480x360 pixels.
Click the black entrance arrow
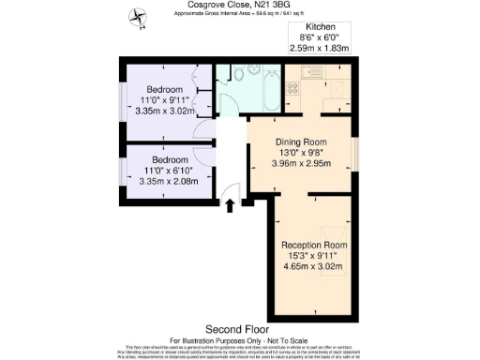[228, 206]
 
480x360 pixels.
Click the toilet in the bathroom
[240, 72]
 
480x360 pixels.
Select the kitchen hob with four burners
[292, 90]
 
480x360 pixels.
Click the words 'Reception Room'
[315, 245]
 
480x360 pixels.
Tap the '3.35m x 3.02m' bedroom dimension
[158, 110]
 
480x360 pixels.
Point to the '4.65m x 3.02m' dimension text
[315, 265]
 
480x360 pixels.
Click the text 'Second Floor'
[240, 330]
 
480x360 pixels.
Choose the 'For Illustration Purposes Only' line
[240, 339]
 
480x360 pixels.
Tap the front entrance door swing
[232, 192]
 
